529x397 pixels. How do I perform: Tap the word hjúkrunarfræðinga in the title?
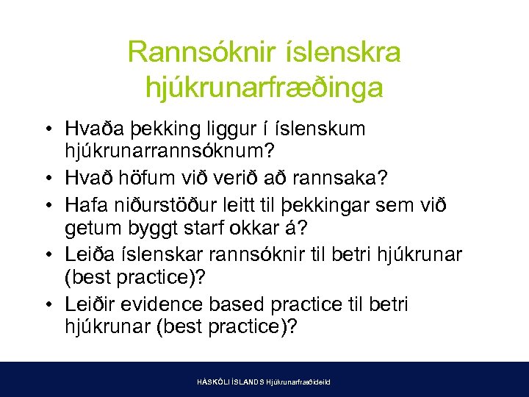pos(264,87)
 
